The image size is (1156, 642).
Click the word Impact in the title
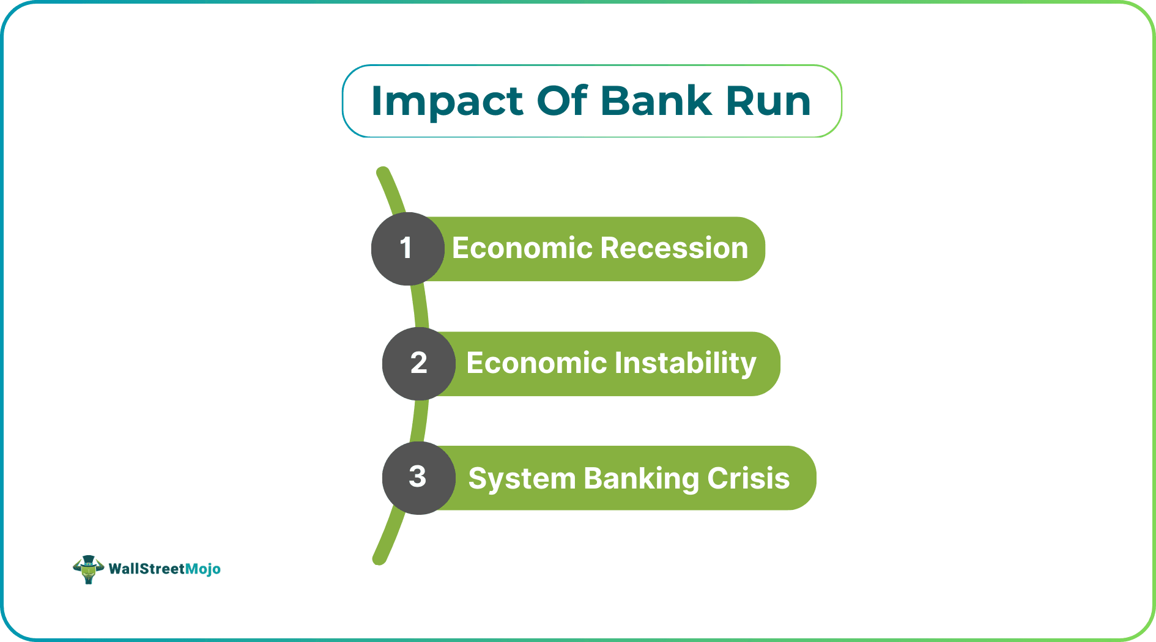coord(447,101)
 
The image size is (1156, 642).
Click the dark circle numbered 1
coord(407,248)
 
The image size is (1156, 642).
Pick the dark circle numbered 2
coord(419,363)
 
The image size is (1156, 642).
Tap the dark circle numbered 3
coord(418,478)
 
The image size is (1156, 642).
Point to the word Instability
coord(685,363)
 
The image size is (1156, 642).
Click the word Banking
coord(640,478)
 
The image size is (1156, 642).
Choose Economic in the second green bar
coord(536,363)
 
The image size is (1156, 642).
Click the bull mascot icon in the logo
coord(88,569)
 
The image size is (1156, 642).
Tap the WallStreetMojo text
coord(164,569)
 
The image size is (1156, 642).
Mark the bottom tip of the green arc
coord(379,559)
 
